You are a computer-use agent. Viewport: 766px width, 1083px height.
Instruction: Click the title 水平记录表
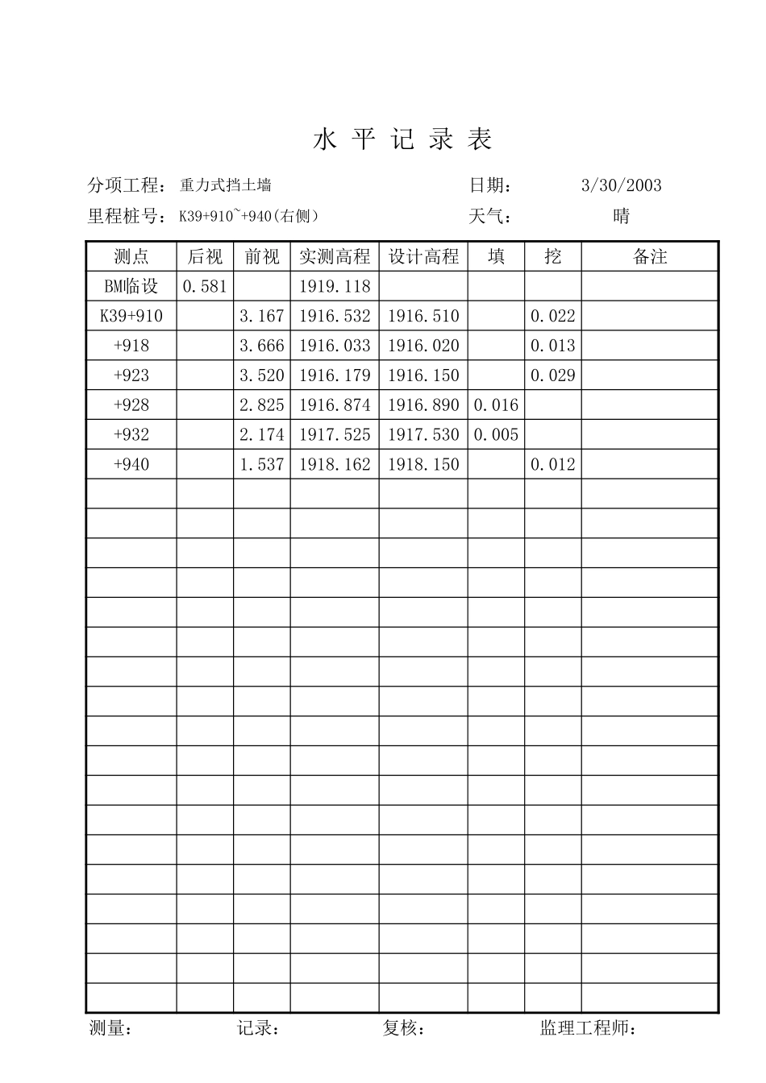402,140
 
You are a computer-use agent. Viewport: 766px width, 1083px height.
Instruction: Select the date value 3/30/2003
621,185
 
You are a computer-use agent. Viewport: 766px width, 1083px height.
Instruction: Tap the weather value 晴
621,216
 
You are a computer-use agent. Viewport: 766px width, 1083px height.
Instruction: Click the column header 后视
205,256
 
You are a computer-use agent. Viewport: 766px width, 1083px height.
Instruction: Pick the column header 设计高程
423,256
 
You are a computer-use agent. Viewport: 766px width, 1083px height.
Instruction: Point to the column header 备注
650,256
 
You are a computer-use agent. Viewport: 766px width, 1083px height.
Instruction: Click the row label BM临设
131,286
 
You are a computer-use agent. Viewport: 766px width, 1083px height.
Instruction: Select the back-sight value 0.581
205,286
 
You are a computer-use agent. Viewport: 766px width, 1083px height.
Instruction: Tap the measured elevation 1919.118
335,286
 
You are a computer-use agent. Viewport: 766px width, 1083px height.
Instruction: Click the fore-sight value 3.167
262,316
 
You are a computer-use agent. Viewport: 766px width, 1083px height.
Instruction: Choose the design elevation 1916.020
423,346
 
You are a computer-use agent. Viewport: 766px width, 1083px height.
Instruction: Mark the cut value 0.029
553,376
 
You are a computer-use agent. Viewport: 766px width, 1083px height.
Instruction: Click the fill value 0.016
496,405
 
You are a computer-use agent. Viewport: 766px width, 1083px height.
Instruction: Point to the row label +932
131,435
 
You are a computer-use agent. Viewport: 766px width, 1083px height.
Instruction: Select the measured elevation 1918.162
335,465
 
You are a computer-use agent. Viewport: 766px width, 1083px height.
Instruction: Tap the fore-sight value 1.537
262,465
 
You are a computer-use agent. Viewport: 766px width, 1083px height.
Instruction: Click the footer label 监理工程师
586,1028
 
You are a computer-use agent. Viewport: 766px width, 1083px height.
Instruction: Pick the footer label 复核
402,1028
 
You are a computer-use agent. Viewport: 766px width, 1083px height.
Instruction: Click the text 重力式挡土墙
226,185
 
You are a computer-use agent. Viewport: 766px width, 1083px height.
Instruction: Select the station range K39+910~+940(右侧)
249,216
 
